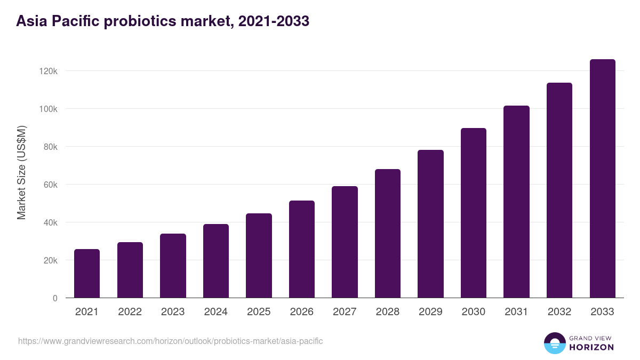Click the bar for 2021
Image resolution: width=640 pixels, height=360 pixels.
[x=87, y=273]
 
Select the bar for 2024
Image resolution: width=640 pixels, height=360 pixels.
[x=216, y=261]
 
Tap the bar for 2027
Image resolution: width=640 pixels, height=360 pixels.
[x=345, y=242]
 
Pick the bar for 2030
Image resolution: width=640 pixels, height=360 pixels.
[x=474, y=213]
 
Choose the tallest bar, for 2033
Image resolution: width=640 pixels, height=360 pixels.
[x=602, y=179]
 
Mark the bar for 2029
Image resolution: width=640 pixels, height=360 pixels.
[x=430, y=224]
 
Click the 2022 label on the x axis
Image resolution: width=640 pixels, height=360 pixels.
[x=130, y=312]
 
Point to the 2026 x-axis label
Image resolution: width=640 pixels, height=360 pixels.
[x=302, y=312]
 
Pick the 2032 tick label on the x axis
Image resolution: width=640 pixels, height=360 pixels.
[x=559, y=312]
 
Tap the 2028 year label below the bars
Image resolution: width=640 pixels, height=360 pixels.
[x=388, y=312]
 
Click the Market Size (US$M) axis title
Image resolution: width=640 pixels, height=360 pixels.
[x=21, y=173]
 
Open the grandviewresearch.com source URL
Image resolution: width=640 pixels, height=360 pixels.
[x=170, y=341]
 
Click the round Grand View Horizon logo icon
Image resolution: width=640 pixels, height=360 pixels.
[x=554, y=343]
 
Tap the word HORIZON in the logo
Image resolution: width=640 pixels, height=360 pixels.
[x=591, y=347]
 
